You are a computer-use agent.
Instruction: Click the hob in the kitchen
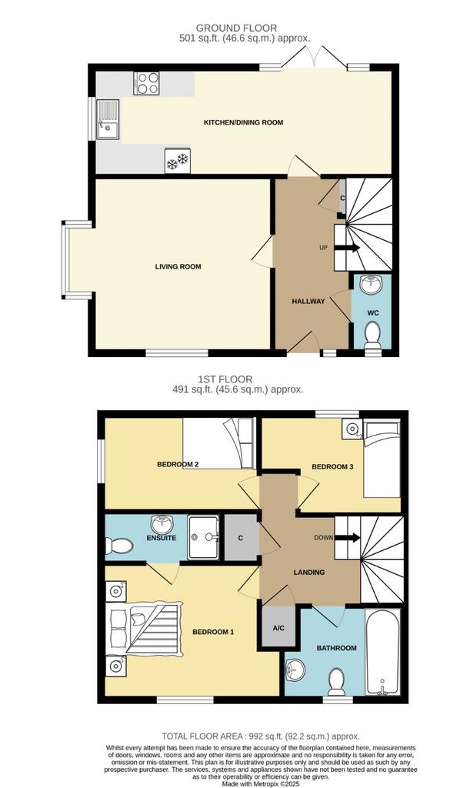click(x=147, y=83)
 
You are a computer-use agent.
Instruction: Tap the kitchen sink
click(x=108, y=119)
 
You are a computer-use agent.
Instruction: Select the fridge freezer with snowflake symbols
click(x=178, y=161)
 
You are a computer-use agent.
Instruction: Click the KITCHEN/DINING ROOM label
click(x=243, y=122)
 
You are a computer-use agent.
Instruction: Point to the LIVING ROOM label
click(x=178, y=266)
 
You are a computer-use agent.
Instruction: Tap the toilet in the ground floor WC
click(x=372, y=334)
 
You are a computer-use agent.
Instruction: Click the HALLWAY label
click(x=308, y=301)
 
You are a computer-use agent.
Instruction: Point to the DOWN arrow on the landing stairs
click(x=348, y=538)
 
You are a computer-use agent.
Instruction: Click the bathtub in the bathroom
click(x=382, y=652)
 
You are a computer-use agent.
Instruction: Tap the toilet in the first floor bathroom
click(x=335, y=680)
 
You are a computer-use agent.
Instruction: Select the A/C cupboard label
click(x=278, y=628)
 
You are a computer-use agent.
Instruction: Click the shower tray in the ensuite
click(x=203, y=537)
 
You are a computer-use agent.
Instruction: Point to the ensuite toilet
click(x=119, y=546)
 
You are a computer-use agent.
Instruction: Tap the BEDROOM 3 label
click(x=332, y=466)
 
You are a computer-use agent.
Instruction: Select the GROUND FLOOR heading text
click(x=236, y=28)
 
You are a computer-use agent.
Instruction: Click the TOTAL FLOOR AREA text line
click(x=261, y=736)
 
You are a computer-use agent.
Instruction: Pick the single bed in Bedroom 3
click(x=382, y=459)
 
